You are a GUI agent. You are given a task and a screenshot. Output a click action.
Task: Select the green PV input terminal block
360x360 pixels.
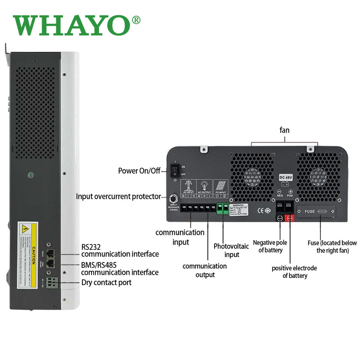tap(223, 209)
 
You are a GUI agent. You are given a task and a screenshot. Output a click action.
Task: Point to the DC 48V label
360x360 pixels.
tap(286, 177)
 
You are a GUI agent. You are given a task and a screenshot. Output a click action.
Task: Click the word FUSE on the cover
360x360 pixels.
tap(309, 211)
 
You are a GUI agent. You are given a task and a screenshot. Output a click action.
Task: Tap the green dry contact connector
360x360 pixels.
tap(53, 282)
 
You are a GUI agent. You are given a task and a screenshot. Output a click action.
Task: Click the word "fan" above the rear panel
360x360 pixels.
tap(285, 130)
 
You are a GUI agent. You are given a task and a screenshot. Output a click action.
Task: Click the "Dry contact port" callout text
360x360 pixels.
tap(106, 282)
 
